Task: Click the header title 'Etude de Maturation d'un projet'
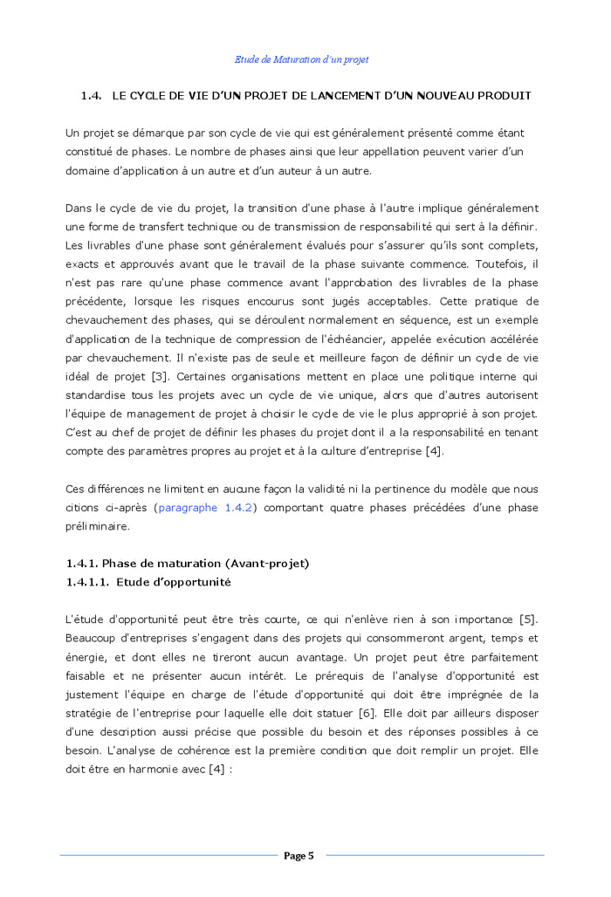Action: click(x=301, y=59)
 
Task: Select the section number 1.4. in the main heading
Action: click(x=92, y=95)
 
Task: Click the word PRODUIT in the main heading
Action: click(x=502, y=95)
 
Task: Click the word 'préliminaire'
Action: click(x=98, y=526)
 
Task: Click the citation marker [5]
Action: click(x=527, y=620)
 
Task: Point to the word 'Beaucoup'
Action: click(x=91, y=638)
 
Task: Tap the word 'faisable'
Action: click(x=86, y=675)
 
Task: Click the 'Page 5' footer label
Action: click(x=299, y=856)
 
